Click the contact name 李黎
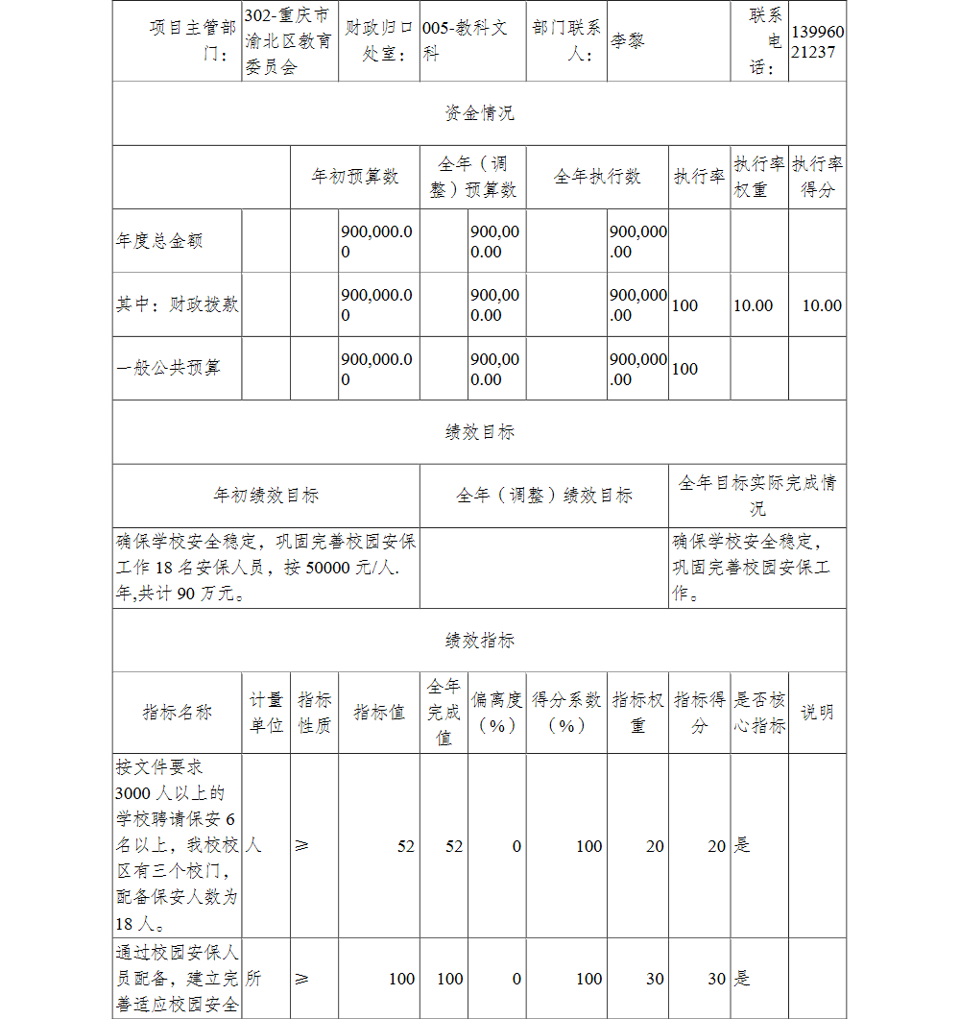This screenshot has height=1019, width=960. [x=628, y=42]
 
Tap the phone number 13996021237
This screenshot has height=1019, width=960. [x=818, y=42]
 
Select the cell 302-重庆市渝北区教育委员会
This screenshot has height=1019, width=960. [x=287, y=42]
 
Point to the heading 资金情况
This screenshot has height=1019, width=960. [x=479, y=113]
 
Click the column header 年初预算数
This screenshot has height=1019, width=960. [x=354, y=177]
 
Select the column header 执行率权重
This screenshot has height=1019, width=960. [x=759, y=177]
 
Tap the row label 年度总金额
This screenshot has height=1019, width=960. [x=159, y=241]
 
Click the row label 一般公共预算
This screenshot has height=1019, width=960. [x=168, y=368]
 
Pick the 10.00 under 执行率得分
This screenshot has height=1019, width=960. [x=822, y=305]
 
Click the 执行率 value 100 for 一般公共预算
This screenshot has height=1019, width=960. [x=685, y=369]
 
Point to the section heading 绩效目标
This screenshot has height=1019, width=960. [x=479, y=432]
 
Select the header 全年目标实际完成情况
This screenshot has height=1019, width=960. [x=757, y=496]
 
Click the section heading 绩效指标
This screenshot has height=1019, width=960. [x=479, y=641]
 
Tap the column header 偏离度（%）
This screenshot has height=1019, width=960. [x=497, y=713]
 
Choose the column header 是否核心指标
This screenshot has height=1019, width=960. [x=759, y=713]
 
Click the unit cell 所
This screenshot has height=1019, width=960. [x=254, y=979]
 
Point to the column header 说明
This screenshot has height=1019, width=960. [x=817, y=713]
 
